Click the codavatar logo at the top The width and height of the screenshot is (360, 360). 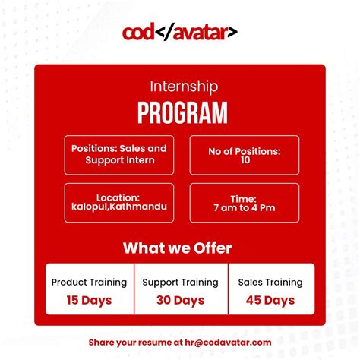180,33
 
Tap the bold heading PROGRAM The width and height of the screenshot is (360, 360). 182,112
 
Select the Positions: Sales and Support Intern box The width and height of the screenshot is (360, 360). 118,154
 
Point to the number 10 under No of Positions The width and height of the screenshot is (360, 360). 245,161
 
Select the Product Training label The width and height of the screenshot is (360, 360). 89,282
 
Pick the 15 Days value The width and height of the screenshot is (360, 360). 89,300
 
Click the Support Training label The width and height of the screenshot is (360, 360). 180,282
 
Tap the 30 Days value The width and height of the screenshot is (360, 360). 180,300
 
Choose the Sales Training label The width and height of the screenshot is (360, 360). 270,282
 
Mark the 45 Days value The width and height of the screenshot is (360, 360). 270,300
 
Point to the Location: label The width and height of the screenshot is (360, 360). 118,197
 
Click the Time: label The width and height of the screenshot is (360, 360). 245,198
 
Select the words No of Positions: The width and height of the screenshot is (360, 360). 245,151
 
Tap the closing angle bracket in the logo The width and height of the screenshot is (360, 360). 232,33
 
